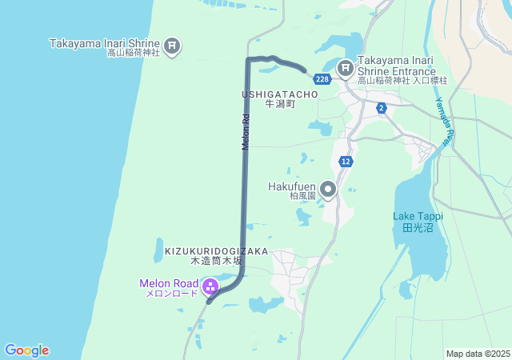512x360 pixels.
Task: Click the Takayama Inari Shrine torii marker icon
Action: click(172, 46)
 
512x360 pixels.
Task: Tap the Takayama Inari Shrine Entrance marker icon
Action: click(346, 69)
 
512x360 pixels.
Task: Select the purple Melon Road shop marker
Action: click(210, 286)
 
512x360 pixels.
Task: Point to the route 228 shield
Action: click(322, 79)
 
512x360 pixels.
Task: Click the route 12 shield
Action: click(345, 161)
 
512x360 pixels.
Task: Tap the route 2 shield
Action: click(382, 108)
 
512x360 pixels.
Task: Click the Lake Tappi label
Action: click(418, 216)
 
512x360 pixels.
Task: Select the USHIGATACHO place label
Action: click(280, 94)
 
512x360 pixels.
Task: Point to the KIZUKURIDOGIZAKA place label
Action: click(216, 250)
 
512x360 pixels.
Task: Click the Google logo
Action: click(26, 350)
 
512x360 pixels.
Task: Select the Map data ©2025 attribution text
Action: click(478, 354)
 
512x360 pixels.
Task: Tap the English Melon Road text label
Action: click(168, 282)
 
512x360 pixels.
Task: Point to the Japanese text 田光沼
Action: click(418, 227)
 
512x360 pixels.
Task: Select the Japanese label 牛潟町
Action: click(280, 104)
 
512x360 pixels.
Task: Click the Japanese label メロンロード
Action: click(171, 294)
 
